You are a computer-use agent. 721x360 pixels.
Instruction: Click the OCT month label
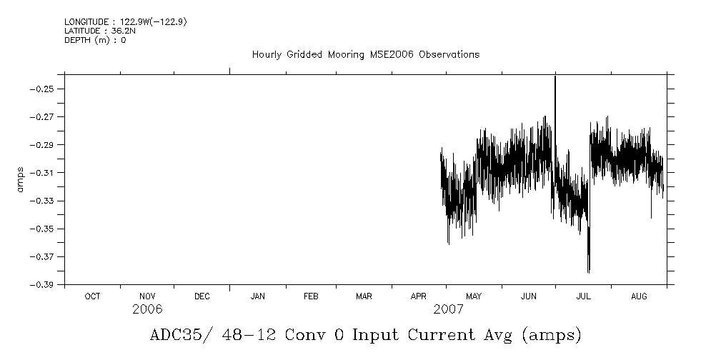pyautogui.click(x=92, y=296)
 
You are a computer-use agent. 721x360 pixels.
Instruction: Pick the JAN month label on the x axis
pyautogui.click(x=257, y=296)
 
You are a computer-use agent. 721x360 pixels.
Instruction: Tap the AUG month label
pyautogui.click(x=640, y=296)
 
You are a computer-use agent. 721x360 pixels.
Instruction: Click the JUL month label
pyautogui.click(x=583, y=296)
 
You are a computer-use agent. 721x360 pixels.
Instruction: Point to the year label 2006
pyautogui.click(x=148, y=310)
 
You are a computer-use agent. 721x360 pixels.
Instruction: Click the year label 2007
pyautogui.click(x=448, y=310)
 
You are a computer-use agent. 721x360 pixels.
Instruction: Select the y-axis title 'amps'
pyautogui.click(x=21, y=179)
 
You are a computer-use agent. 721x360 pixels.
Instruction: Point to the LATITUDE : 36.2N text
pyautogui.click(x=95, y=31)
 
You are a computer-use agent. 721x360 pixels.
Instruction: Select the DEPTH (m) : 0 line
pyautogui.click(x=95, y=40)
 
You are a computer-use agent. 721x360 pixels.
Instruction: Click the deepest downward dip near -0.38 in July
pyautogui.click(x=588, y=270)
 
